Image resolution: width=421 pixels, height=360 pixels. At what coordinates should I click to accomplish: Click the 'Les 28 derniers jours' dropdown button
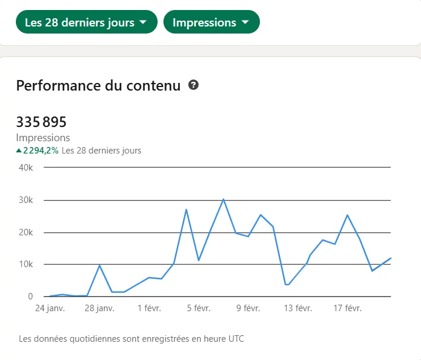coord(86,22)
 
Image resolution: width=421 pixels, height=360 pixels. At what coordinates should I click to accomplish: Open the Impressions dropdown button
coord(211,22)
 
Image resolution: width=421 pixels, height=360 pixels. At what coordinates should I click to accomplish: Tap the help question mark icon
coord(193,85)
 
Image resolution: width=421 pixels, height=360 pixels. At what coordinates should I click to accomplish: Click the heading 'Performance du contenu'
coord(98,86)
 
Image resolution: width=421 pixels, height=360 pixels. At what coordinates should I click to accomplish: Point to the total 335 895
coord(41,122)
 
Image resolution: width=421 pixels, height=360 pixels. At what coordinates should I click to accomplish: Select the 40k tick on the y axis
coord(26,168)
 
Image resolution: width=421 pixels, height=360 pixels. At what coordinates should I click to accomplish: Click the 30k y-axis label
coord(26,200)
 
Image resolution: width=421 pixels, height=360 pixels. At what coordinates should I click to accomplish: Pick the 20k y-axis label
coord(26,232)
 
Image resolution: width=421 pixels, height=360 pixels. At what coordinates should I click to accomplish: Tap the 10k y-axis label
coord(26,264)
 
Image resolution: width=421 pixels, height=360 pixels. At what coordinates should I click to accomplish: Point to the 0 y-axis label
coord(30,296)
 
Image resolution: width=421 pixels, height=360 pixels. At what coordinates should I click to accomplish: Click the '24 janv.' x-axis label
coord(50,308)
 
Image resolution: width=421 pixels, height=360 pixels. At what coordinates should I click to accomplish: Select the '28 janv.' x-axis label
coord(99,308)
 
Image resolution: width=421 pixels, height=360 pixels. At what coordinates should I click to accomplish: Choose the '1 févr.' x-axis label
coord(149,308)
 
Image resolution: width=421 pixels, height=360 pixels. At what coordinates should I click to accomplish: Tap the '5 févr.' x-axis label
coord(199,308)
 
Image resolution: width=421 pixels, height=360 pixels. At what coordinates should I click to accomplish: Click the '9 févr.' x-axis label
coord(248,308)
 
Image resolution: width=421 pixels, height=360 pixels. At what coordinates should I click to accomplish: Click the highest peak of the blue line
coord(223,199)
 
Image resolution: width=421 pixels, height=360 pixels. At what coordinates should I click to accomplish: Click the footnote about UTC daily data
coord(131,339)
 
